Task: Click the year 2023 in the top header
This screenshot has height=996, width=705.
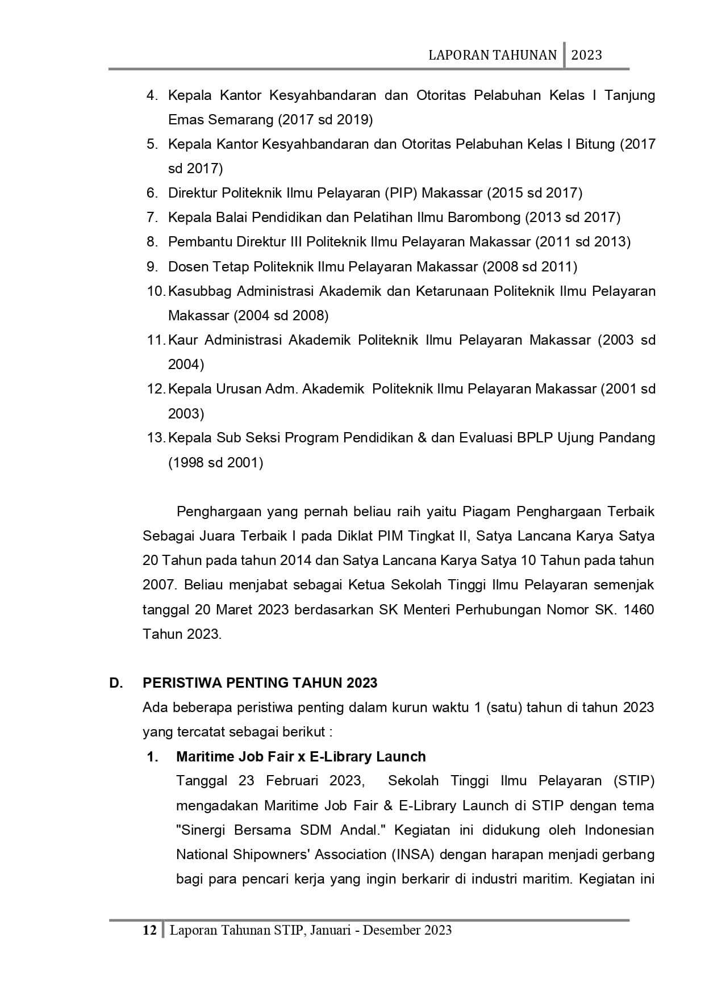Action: pyautogui.click(x=586, y=55)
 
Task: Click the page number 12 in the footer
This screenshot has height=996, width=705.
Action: pyautogui.click(x=149, y=930)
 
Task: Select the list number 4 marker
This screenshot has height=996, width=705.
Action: pyautogui.click(x=152, y=95)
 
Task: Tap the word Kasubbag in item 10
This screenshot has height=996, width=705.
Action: pyautogui.click(x=200, y=291)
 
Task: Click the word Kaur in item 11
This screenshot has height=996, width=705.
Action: pyautogui.click(x=183, y=340)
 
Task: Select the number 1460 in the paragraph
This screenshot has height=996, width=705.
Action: pyautogui.click(x=639, y=610)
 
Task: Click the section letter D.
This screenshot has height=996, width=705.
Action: pyautogui.click(x=116, y=683)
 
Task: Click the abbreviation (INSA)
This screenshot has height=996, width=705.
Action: pyautogui.click(x=414, y=855)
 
